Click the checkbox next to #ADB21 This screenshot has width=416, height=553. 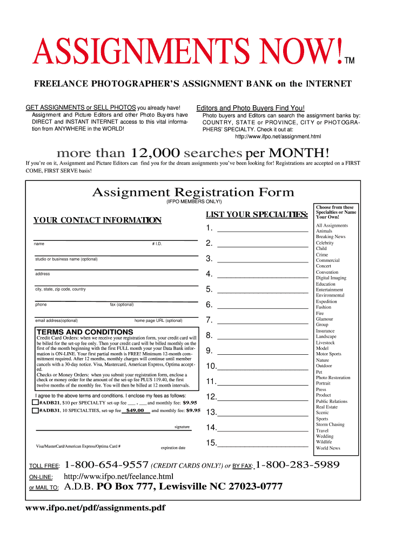(x=35, y=402)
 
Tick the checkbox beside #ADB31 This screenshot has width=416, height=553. (x=35, y=410)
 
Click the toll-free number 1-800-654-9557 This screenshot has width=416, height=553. (x=106, y=465)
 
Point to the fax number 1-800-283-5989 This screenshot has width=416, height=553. (x=297, y=465)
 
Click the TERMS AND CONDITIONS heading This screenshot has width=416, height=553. (x=84, y=332)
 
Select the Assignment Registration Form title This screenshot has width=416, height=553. (x=193, y=192)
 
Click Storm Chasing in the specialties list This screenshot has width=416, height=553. (x=330, y=424)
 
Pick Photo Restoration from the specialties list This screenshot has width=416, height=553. (x=333, y=377)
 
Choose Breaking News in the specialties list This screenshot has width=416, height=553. (x=331, y=237)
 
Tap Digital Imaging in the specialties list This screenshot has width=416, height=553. (x=331, y=278)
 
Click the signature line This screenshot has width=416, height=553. (x=113, y=429)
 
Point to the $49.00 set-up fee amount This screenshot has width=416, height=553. (x=135, y=410)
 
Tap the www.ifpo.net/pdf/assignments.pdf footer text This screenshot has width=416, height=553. (x=96, y=508)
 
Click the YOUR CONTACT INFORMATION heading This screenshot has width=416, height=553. (x=97, y=220)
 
